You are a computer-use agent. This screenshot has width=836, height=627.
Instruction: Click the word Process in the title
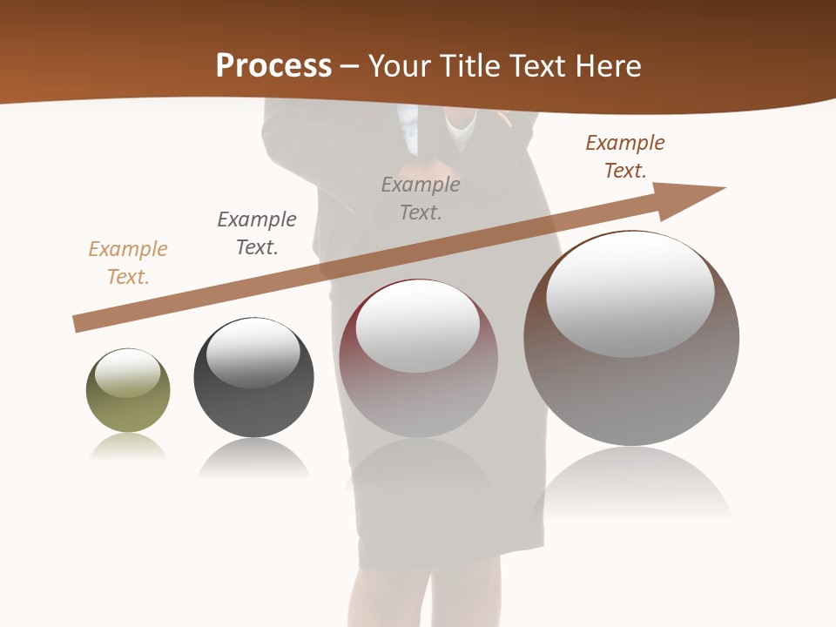273,66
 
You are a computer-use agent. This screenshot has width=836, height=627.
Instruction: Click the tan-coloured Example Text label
128,263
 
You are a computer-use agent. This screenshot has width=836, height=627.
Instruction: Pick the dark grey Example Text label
257,233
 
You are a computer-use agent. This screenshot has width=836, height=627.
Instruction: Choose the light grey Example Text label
421,199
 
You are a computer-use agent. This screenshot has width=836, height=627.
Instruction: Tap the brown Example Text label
625,157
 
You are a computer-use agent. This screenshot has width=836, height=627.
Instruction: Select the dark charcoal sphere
253,409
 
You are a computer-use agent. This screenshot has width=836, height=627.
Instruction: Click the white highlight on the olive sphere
128,373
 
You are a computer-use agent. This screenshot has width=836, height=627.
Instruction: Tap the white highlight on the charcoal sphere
253,353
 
